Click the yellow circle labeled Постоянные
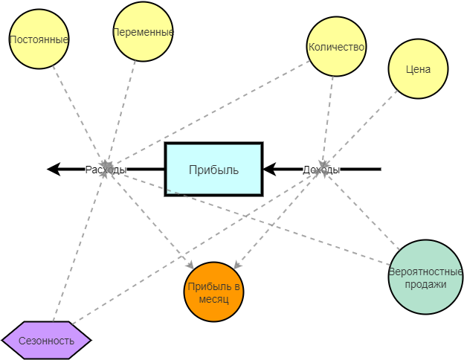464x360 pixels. (39, 39)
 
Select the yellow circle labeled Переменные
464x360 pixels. (143, 32)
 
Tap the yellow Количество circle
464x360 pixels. (336, 47)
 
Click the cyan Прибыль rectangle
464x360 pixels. (213, 170)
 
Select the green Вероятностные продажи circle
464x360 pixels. (426, 277)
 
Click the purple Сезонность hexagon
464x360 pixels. (46, 341)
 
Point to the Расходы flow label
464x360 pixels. (106, 170)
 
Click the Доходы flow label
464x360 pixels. (321, 170)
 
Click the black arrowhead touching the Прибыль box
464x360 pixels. (270, 170)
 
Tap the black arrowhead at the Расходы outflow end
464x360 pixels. (54, 170)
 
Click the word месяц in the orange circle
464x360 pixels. (214, 299)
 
